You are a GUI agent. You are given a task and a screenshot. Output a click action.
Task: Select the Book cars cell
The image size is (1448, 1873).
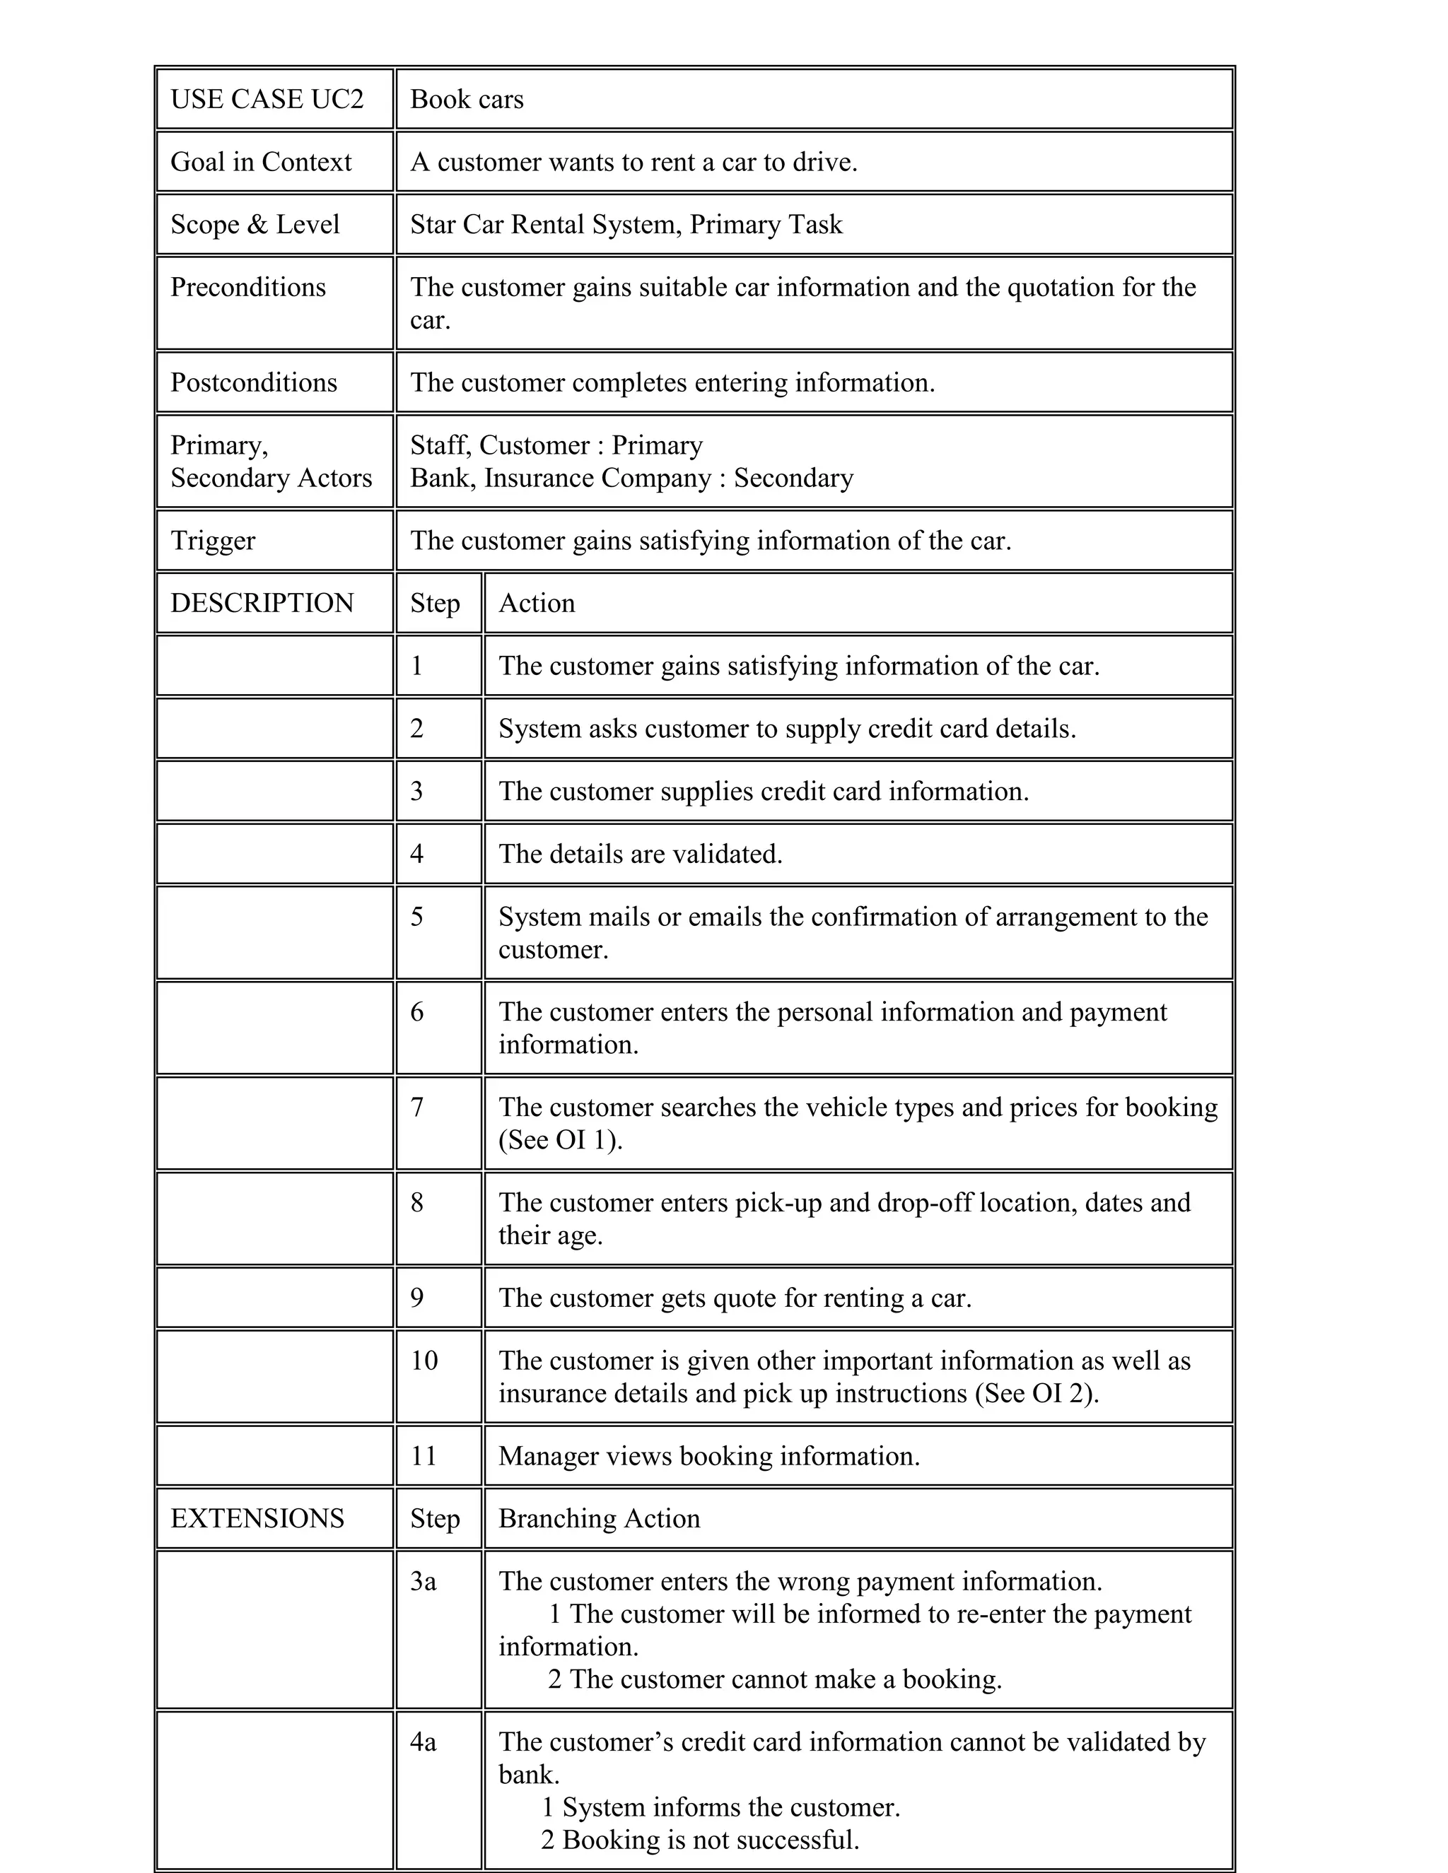click(x=467, y=100)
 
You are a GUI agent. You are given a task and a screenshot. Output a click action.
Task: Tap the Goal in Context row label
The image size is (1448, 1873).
click(x=261, y=162)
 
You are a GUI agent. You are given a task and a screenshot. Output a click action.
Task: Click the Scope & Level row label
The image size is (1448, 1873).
click(x=255, y=225)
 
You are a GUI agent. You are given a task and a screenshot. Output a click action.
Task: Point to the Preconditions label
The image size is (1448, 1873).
click(x=248, y=287)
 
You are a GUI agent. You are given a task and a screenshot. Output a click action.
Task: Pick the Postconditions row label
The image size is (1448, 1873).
click(x=254, y=382)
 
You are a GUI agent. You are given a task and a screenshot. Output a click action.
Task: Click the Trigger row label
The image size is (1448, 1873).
click(x=213, y=541)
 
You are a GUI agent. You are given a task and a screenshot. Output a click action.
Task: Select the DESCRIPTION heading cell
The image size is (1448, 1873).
click(x=262, y=604)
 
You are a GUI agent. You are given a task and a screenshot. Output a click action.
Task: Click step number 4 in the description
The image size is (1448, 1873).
click(x=417, y=855)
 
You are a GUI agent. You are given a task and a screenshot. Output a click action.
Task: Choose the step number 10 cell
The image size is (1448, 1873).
click(x=424, y=1361)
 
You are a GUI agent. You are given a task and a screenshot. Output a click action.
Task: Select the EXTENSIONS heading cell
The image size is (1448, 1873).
click(x=257, y=1519)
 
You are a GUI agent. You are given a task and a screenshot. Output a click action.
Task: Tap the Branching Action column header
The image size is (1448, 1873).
click(x=599, y=1519)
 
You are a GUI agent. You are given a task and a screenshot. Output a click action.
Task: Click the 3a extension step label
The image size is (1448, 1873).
click(x=423, y=1581)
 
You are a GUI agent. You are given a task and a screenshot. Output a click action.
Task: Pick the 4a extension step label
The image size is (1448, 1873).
click(x=423, y=1743)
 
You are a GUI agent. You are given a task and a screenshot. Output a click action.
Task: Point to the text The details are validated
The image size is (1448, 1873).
click(x=640, y=855)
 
